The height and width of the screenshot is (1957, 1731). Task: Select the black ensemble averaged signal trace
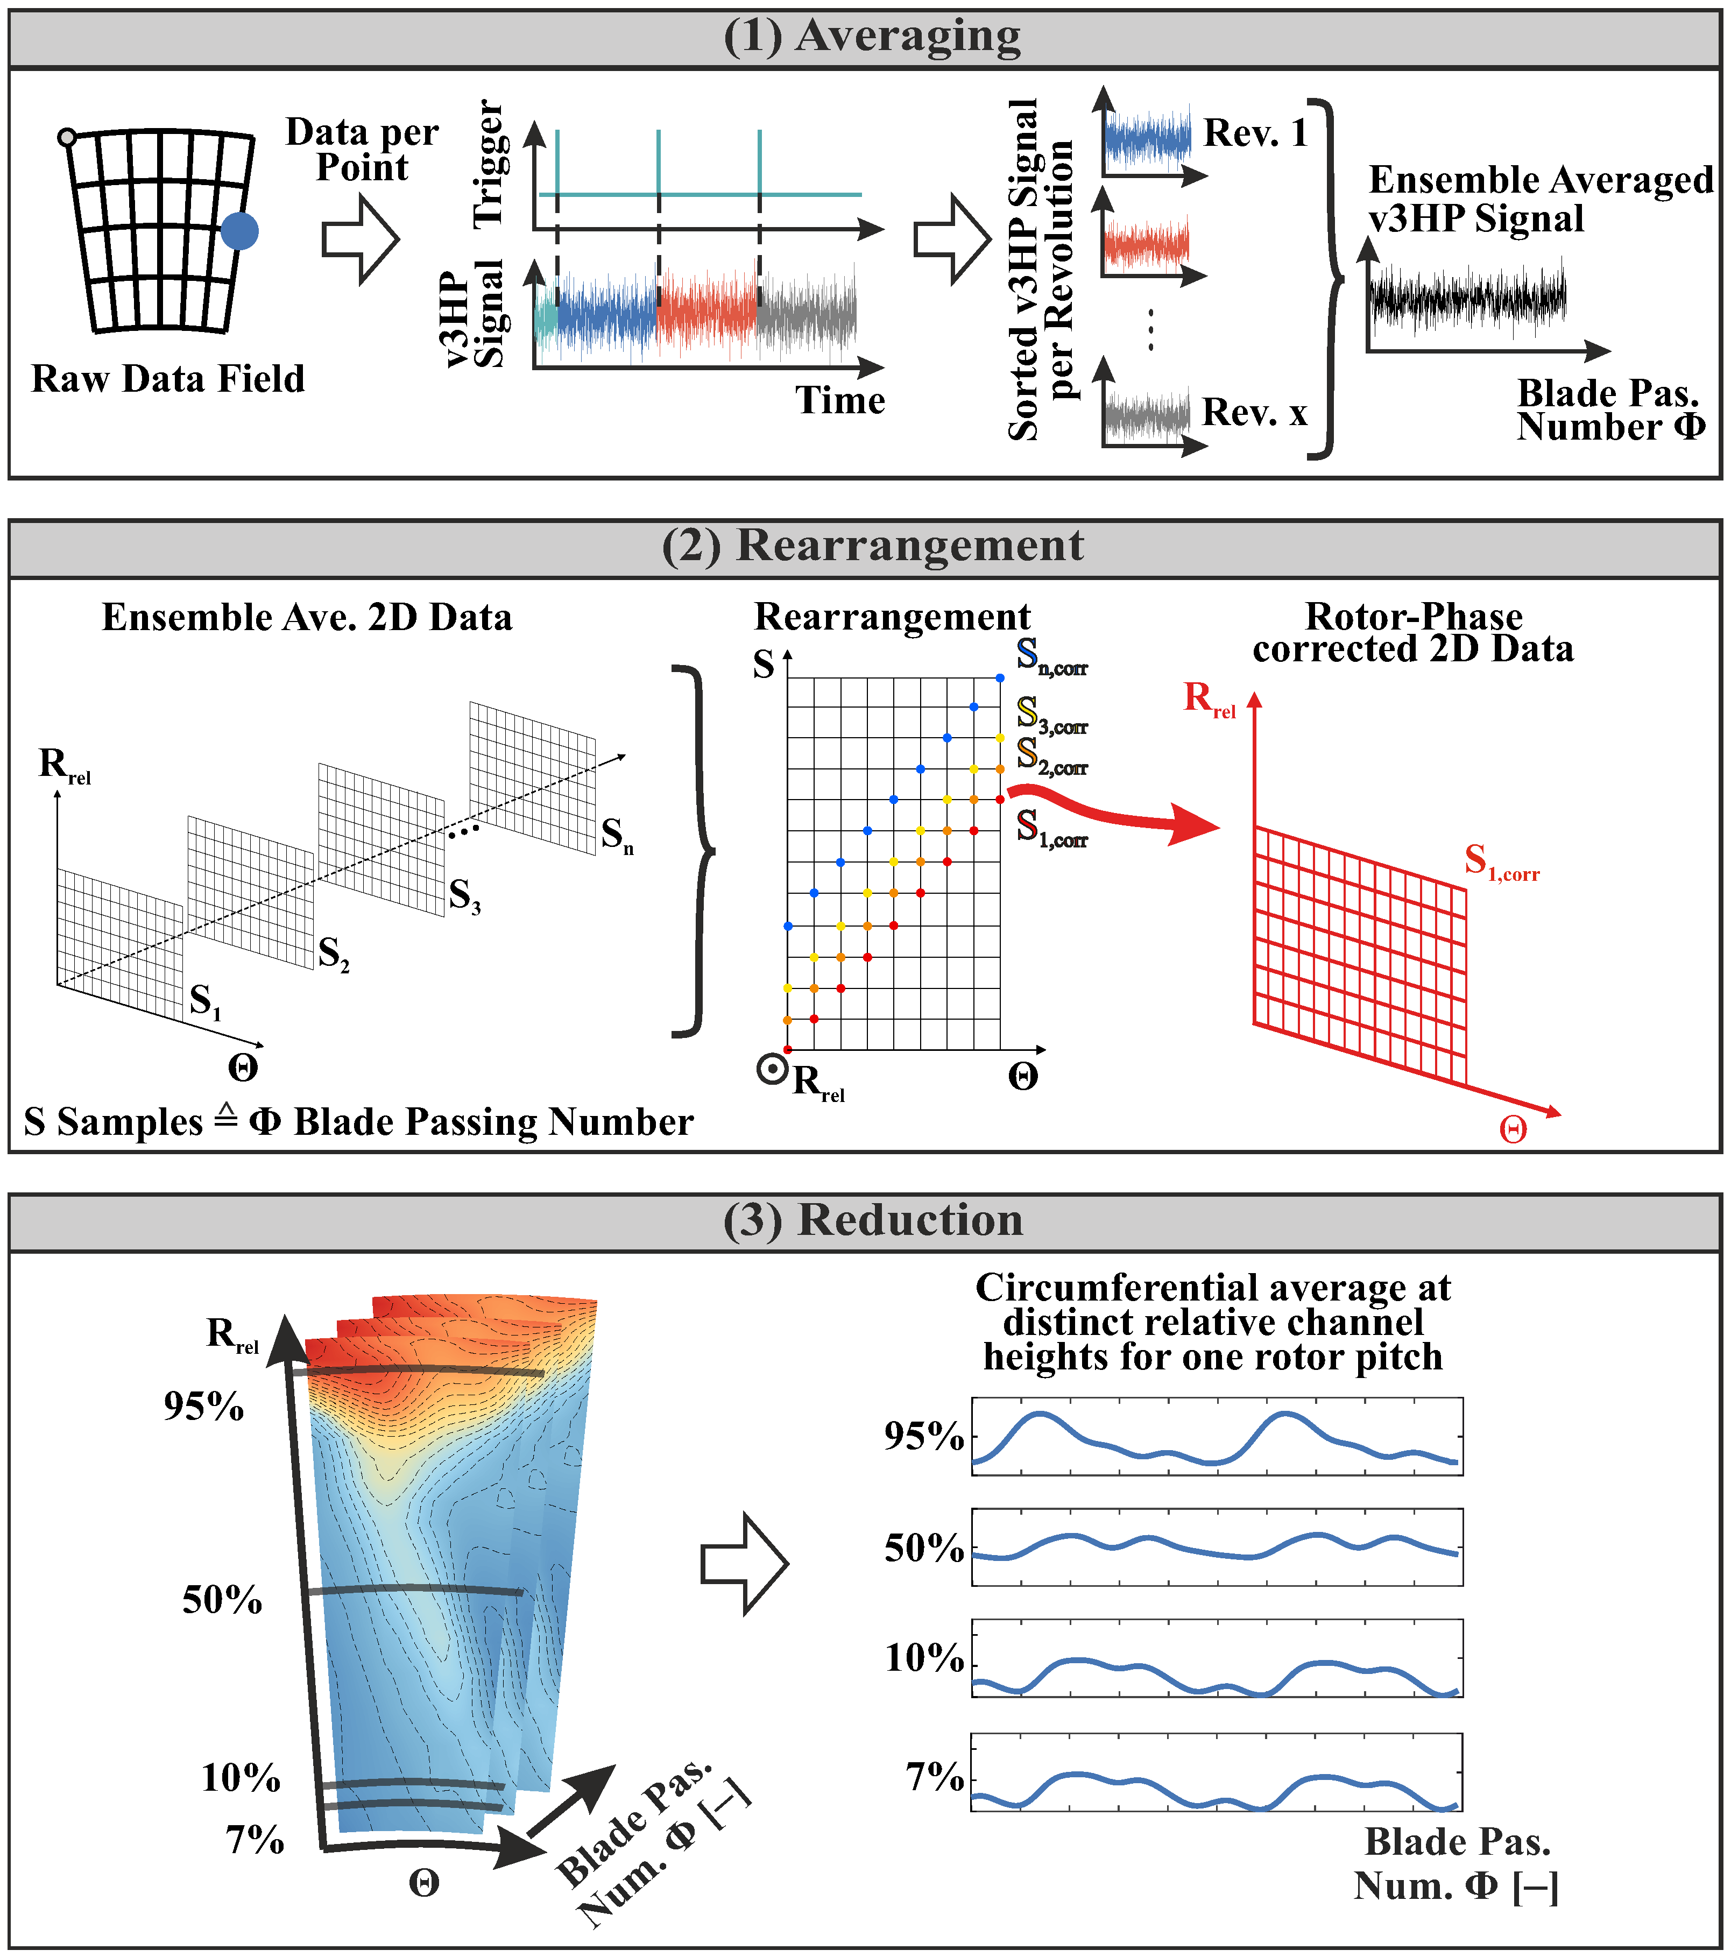coord(1467,297)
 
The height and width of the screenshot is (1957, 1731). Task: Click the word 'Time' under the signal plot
coord(839,400)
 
